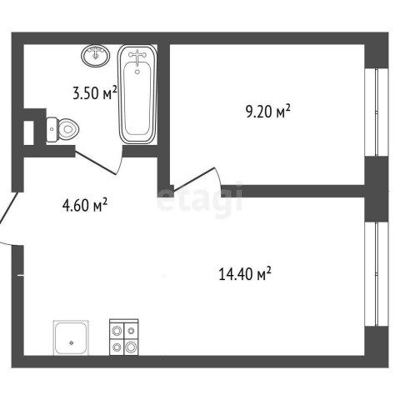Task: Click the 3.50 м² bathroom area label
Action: (x=95, y=92)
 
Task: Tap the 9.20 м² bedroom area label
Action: (x=268, y=112)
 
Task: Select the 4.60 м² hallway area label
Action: (x=85, y=205)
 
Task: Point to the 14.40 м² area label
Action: (x=245, y=273)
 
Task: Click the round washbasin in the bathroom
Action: (x=96, y=56)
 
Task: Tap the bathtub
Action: (x=137, y=94)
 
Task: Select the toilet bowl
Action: (x=68, y=129)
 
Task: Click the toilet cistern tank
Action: (x=52, y=129)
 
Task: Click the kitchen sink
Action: (x=71, y=337)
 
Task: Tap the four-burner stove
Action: (x=124, y=337)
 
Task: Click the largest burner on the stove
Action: (x=131, y=347)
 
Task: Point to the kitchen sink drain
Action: (x=72, y=342)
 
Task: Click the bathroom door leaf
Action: (x=96, y=163)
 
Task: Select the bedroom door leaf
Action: (x=193, y=179)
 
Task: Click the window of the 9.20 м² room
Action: (x=376, y=112)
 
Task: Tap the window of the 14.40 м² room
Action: (x=376, y=274)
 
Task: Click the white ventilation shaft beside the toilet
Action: (x=28, y=132)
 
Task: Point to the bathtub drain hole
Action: (x=137, y=72)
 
